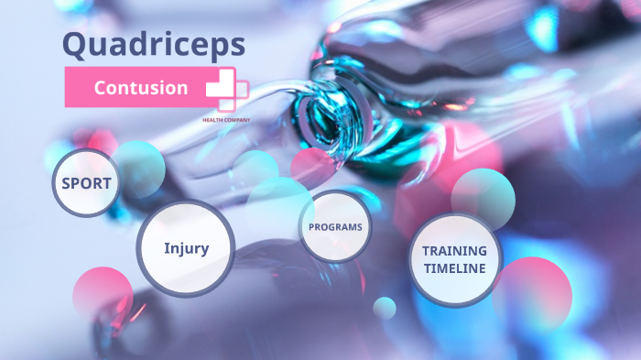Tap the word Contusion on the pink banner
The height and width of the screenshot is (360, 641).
point(141,88)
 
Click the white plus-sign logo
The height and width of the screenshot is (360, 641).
point(226,89)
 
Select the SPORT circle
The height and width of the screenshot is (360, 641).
point(86,183)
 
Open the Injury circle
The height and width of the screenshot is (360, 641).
point(186,248)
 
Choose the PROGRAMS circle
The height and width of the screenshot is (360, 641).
point(335,226)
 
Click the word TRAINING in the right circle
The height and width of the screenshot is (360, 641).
point(454,250)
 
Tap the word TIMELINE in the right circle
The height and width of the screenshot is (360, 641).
point(454,268)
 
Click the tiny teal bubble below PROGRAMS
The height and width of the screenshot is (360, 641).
point(385,308)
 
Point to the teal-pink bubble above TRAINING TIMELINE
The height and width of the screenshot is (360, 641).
point(483,194)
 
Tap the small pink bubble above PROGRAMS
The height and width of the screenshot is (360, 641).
point(311,168)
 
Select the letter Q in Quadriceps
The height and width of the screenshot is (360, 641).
point(76,43)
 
